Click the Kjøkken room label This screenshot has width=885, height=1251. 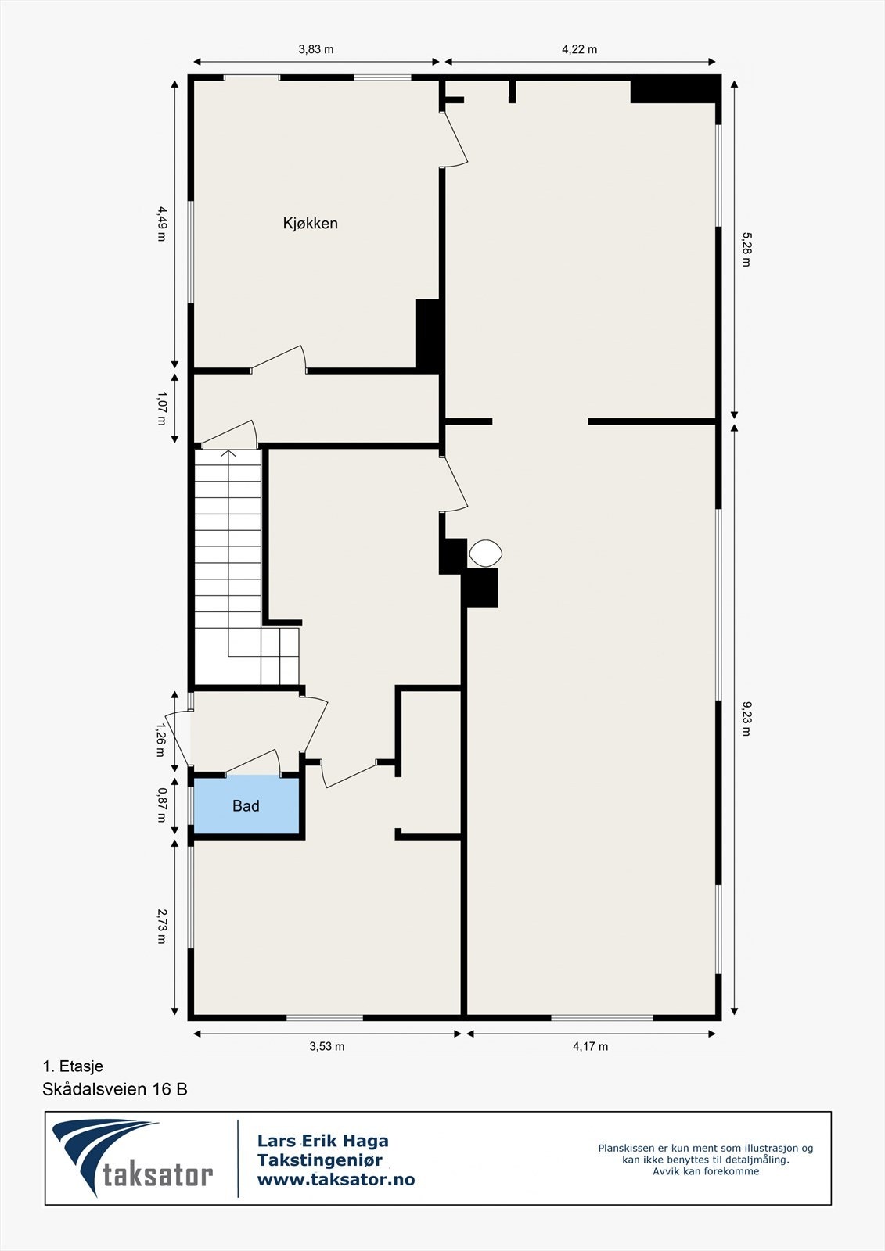310,224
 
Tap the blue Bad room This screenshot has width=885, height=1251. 246,806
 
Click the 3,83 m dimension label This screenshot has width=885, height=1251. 316,49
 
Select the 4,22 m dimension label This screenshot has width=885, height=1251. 580,49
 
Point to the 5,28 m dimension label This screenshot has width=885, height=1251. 745,249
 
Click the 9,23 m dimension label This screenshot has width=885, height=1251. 745,719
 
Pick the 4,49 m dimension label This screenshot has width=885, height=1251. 161,223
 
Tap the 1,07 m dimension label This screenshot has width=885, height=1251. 161,408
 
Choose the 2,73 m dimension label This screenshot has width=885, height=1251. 161,926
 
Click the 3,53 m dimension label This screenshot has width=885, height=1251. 327,1046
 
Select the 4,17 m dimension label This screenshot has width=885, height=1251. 591,1046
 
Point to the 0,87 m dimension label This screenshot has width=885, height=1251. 161,805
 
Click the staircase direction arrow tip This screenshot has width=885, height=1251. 228,451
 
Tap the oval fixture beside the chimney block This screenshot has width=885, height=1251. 485,554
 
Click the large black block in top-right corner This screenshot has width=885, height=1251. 675,90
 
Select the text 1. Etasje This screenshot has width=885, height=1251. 73,1066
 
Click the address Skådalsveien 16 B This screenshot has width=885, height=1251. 115,1089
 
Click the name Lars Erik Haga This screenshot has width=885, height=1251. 322,1142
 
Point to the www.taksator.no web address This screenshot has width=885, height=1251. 336,1179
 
